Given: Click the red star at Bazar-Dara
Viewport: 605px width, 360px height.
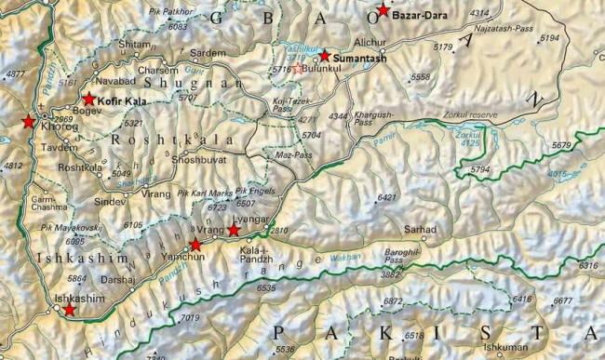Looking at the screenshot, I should [382, 12].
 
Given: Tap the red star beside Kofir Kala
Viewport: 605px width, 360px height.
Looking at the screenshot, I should [88, 99].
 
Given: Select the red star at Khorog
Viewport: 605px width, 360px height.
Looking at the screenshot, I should [28, 122].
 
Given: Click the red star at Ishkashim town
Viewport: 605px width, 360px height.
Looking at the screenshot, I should [69, 309].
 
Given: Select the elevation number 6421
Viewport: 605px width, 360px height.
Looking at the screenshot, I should [387, 197].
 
